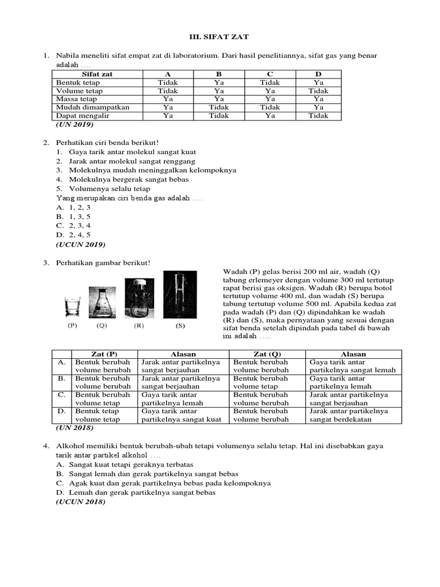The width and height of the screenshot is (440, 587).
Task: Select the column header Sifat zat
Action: click(97, 74)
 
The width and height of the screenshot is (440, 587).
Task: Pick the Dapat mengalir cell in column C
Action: click(269, 115)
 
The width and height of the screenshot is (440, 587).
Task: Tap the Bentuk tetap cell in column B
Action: click(219, 83)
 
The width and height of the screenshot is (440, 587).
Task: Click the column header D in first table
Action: click(318, 74)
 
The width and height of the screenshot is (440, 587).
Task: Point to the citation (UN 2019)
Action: click(74, 124)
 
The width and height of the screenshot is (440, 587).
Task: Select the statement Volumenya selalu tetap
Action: click(109, 188)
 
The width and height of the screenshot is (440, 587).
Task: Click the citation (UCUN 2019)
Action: click(80, 244)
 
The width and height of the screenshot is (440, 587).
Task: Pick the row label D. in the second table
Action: click(61, 411)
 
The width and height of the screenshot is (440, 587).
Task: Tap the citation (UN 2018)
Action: click(74, 428)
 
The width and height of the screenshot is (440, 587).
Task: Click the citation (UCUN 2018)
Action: click(80, 502)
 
